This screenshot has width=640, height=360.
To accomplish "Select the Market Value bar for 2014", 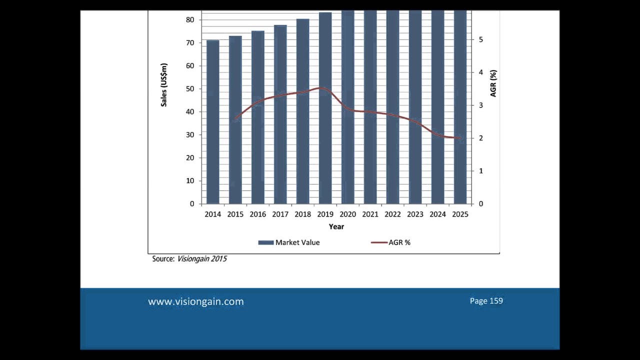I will [x=212, y=122].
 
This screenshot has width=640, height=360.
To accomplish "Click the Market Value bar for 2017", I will [x=280, y=114].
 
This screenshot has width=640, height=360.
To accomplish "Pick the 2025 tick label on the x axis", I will [x=460, y=214].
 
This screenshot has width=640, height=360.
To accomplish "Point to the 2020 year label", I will [x=347, y=214].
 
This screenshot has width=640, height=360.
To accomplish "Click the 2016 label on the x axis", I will [x=257, y=214].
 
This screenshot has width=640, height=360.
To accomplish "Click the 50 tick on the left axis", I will [x=190, y=89].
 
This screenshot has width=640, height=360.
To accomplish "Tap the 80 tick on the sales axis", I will [x=190, y=20].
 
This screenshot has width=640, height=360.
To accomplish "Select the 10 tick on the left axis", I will [x=190, y=181].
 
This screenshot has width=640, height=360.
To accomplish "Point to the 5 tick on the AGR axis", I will [x=481, y=39].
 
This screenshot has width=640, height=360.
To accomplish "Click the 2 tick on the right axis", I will [x=481, y=138].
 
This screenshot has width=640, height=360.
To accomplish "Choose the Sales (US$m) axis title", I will [x=164, y=84].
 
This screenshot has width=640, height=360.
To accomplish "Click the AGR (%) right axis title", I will [x=493, y=83].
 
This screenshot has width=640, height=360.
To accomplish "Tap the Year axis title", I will [x=336, y=226].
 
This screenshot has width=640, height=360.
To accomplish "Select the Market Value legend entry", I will [x=289, y=242].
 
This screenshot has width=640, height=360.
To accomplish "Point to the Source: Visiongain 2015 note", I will [x=189, y=259].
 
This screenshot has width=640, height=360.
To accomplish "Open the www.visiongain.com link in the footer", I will [x=196, y=301].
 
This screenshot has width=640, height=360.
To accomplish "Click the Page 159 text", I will [x=486, y=301].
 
